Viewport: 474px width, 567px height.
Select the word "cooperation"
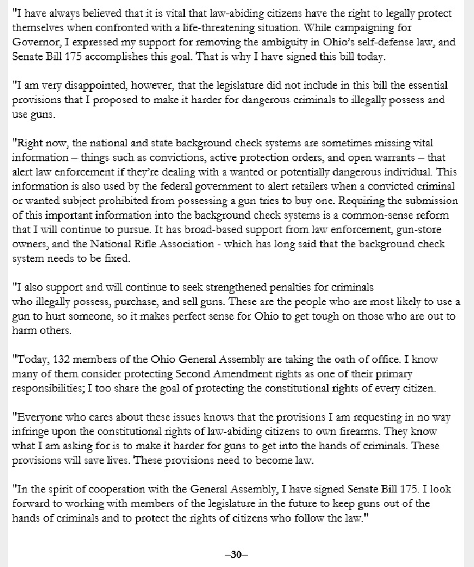102,489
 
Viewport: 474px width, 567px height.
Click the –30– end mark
236,554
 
